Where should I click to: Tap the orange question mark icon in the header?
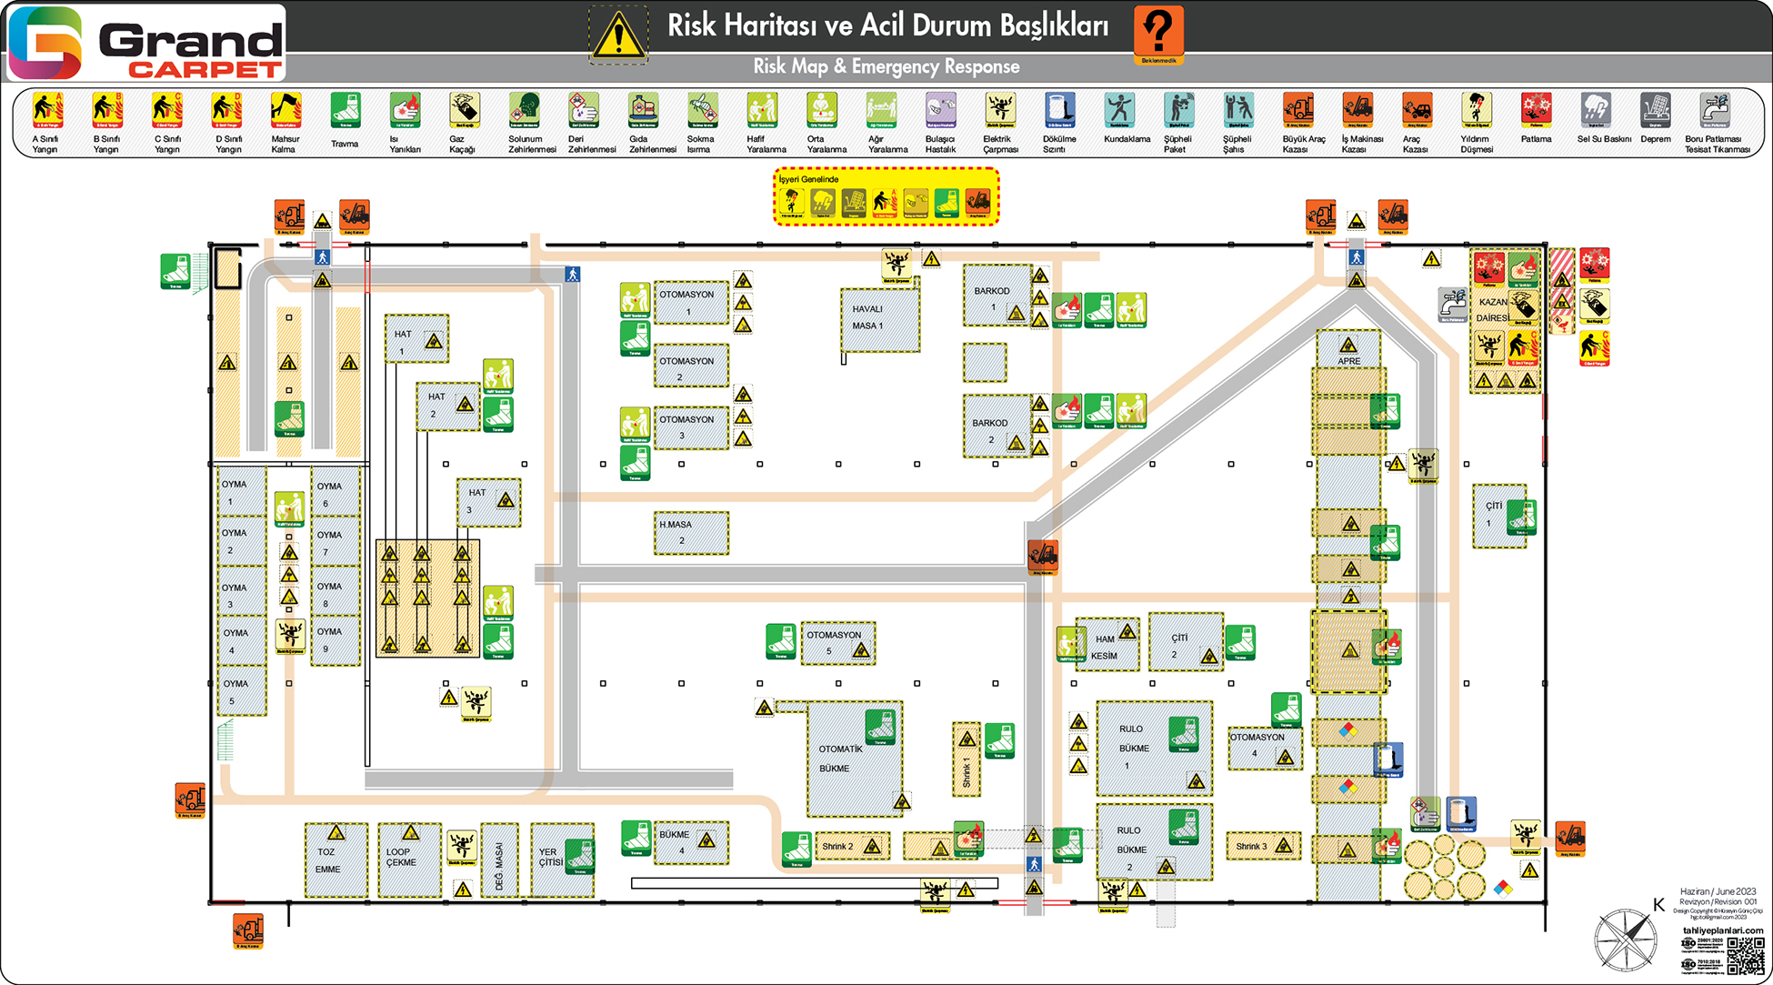pyautogui.click(x=1158, y=32)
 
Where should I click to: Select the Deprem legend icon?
pyautogui.click(x=1655, y=112)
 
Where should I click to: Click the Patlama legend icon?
pyautogui.click(x=1536, y=111)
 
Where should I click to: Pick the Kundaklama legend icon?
pyautogui.click(x=1119, y=111)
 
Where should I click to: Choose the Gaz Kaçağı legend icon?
pyautogui.click(x=464, y=111)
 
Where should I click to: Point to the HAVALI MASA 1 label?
pyautogui.click(x=868, y=317)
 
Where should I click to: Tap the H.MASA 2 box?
pyautogui.click(x=690, y=533)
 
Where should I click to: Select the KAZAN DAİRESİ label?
pyautogui.click(x=1493, y=309)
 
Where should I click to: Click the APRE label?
pyautogui.click(x=1348, y=361)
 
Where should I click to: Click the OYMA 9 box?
pyautogui.click(x=334, y=640)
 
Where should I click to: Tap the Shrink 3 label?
pyautogui.click(x=1251, y=846)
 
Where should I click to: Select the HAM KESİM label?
pyautogui.click(x=1105, y=647)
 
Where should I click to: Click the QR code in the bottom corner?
pyautogui.click(x=1744, y=956)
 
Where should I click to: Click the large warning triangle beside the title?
pyautogui.click(x=618, y=35)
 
